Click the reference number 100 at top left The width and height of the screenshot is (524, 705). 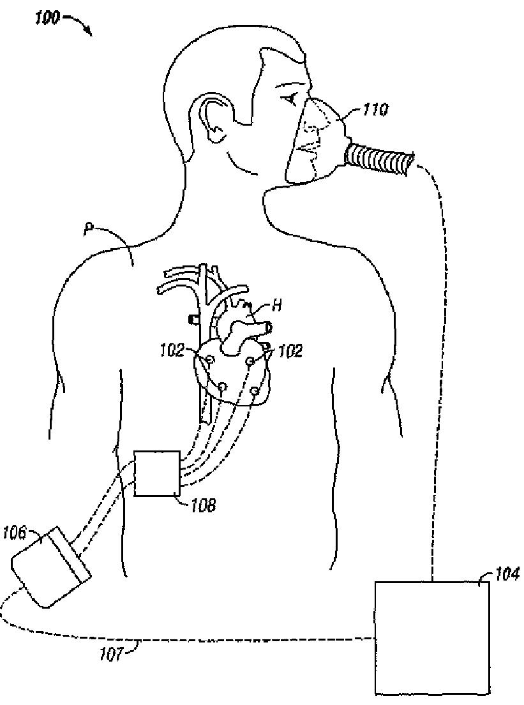[47, 18]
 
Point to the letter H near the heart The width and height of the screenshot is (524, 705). [277, 306]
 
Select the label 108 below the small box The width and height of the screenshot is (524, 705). [202, 506]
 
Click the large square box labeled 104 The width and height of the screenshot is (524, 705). [431, 637]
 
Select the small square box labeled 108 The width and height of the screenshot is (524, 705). [157, 472]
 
